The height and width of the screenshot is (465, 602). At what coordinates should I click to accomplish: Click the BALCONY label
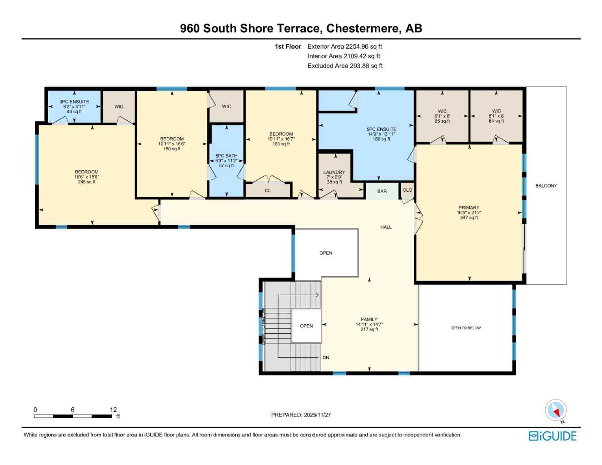(546, 186)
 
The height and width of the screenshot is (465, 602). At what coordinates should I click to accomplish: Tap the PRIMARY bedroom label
(468, 208)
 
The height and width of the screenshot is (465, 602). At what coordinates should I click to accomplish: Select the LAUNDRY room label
(334, 173)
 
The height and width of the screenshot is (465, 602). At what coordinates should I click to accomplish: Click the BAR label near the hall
(382, 191)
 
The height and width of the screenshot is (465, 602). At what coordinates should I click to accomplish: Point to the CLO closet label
(408, 190)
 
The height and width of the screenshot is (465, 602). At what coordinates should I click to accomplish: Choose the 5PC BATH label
(226, 156)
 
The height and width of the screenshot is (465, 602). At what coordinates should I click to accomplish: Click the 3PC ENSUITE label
(74, 102)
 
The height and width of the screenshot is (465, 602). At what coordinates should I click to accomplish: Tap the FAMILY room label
(369, 319)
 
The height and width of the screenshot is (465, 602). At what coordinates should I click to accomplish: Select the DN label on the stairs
(326, 357)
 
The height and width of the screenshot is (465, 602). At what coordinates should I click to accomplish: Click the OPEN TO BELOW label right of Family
(465, 328)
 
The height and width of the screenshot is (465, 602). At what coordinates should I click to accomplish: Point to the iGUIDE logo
(552, 436)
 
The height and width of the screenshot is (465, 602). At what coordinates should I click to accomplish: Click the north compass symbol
(555, 411)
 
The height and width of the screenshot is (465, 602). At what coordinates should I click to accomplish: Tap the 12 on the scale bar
(113, 410)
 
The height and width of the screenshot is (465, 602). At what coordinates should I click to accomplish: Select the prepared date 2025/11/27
(317, 415)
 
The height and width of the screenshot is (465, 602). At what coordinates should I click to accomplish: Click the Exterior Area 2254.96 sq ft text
(345, 46)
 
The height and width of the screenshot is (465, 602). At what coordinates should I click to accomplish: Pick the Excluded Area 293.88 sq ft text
(345, 66)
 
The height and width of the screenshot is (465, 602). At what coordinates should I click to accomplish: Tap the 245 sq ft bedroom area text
(87, 182)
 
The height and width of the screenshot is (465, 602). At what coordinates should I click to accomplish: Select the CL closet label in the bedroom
(268, 190)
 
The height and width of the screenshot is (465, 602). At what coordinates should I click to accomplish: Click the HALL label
(386, 227)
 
